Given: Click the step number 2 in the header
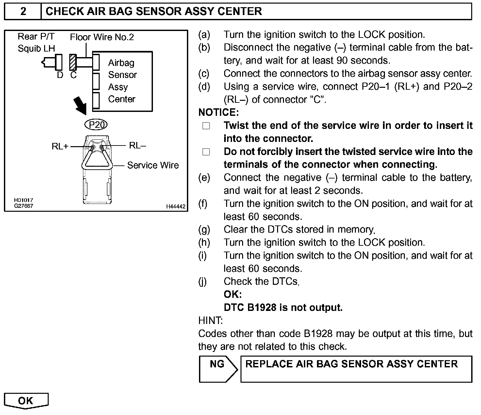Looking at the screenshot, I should click(x=23, y=11).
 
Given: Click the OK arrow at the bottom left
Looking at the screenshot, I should click(x=26, y=401).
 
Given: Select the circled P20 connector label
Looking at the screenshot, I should click(x=96, y=125).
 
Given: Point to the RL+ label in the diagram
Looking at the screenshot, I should click(x=60, y=146).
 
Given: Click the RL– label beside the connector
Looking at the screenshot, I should click(x=137, y=146).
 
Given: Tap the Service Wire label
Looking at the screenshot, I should click(x=153, y=165).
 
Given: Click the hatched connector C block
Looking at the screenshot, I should click(x=73, y=62).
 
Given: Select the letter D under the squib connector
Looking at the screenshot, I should click(x=60, y=75).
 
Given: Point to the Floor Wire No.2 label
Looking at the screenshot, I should click(x=102, y=37).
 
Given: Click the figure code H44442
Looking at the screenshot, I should click(x=175, y=207).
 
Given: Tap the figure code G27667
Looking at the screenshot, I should click(x=23, y=206).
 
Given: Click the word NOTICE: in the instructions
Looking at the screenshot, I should click(x=219, y=113).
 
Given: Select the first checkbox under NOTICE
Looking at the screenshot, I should click(x=206, y=126).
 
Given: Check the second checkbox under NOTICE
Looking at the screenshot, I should click(x=206, y=152).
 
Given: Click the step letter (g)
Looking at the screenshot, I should click(x=204, y=230).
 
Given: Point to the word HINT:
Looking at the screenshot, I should click(x=210, y=321).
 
